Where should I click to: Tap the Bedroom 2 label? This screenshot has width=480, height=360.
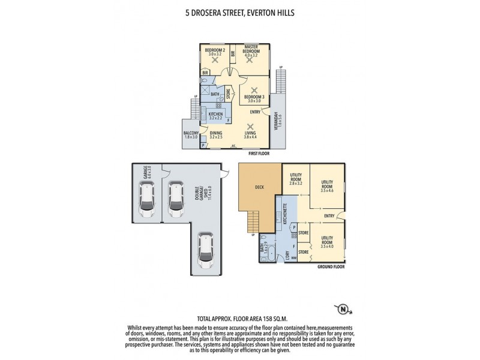pyautogui.click(x=214, y=52)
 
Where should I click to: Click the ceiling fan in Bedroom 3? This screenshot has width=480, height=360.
pyautogui.click(x=254, y=89)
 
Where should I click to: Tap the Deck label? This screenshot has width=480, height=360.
pyautogui.click(x=259, y=187)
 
